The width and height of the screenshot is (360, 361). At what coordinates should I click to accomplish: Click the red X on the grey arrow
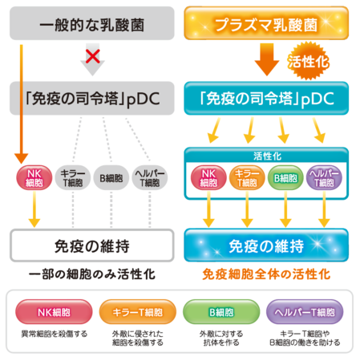[92, 56]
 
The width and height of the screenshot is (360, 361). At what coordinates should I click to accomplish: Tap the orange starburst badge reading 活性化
[308, 61]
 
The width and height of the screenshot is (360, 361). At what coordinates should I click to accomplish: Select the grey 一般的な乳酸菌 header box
[92, 23]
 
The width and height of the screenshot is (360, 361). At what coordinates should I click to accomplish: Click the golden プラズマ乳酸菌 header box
[266, 23]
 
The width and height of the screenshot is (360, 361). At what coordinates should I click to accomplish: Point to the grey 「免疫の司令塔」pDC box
[92, 99]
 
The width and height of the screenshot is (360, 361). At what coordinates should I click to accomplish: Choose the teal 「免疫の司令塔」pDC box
[266, 99]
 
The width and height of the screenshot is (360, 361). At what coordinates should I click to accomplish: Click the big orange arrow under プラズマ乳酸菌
[267, 59]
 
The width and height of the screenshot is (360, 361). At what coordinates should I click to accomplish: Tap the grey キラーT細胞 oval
[73, 178]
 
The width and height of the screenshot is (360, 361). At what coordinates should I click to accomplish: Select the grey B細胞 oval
[111, 178]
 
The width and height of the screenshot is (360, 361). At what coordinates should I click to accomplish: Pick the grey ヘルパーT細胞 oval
[150, 178]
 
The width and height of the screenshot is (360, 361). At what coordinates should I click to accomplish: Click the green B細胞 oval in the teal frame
[285, 178]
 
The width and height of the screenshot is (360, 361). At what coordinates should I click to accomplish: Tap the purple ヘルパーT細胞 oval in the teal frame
[324, 178]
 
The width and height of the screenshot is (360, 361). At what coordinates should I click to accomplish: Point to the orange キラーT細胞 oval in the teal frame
[247, 178]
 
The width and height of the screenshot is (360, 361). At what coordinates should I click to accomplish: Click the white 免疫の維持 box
[92, 245]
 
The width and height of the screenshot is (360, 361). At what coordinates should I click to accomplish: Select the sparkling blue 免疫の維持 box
[266, 245]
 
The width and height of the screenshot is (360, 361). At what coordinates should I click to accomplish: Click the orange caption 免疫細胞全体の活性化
[266, 274]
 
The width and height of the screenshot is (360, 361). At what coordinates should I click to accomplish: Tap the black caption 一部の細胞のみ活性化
[92, 274]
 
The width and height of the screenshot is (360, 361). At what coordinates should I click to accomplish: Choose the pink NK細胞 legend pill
[54, 312]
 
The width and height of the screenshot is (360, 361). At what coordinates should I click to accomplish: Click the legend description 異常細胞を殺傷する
[55, 334]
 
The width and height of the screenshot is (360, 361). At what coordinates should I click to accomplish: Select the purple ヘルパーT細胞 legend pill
[305, 312]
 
